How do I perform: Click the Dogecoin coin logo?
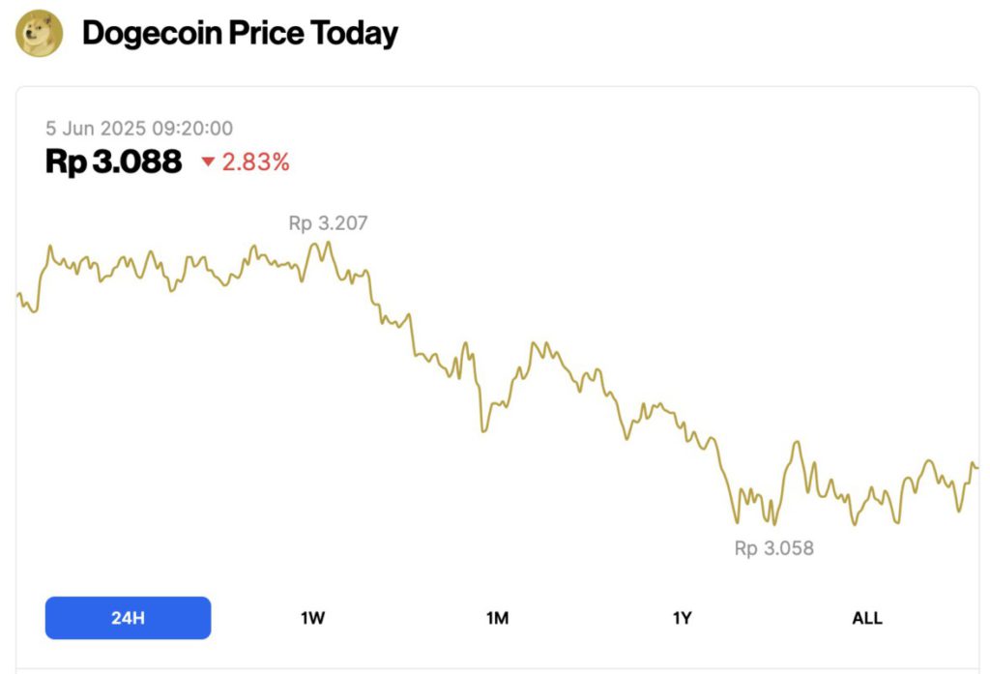click(x=40, y=34)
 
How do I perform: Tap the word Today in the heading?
click(x=354, y=34)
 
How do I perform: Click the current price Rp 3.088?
click(x=113, y=161)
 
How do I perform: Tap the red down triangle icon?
click(x=208, y=162)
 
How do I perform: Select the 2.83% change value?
click(x=256, y=162)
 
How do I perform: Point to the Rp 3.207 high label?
click(x=328, y=223)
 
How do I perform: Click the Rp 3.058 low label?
click(x=773, y=548)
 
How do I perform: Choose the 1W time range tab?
click(x=312, y=618)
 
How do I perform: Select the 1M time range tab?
click(x=497, y=618)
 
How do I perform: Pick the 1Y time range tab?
click(x=682, y=618)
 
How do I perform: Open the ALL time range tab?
click(x=866, y=618)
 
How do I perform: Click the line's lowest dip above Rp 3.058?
click(x=773, y=524)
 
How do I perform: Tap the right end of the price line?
click(x=976, y=467)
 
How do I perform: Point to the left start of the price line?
click(x=18, y=294)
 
